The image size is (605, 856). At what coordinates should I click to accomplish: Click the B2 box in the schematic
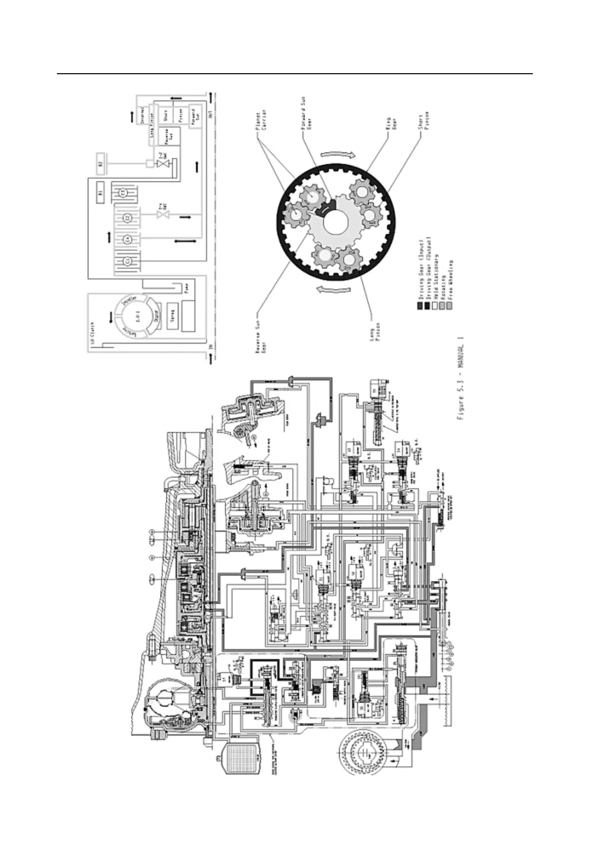100,164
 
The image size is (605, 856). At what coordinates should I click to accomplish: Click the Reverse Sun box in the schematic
166,135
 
